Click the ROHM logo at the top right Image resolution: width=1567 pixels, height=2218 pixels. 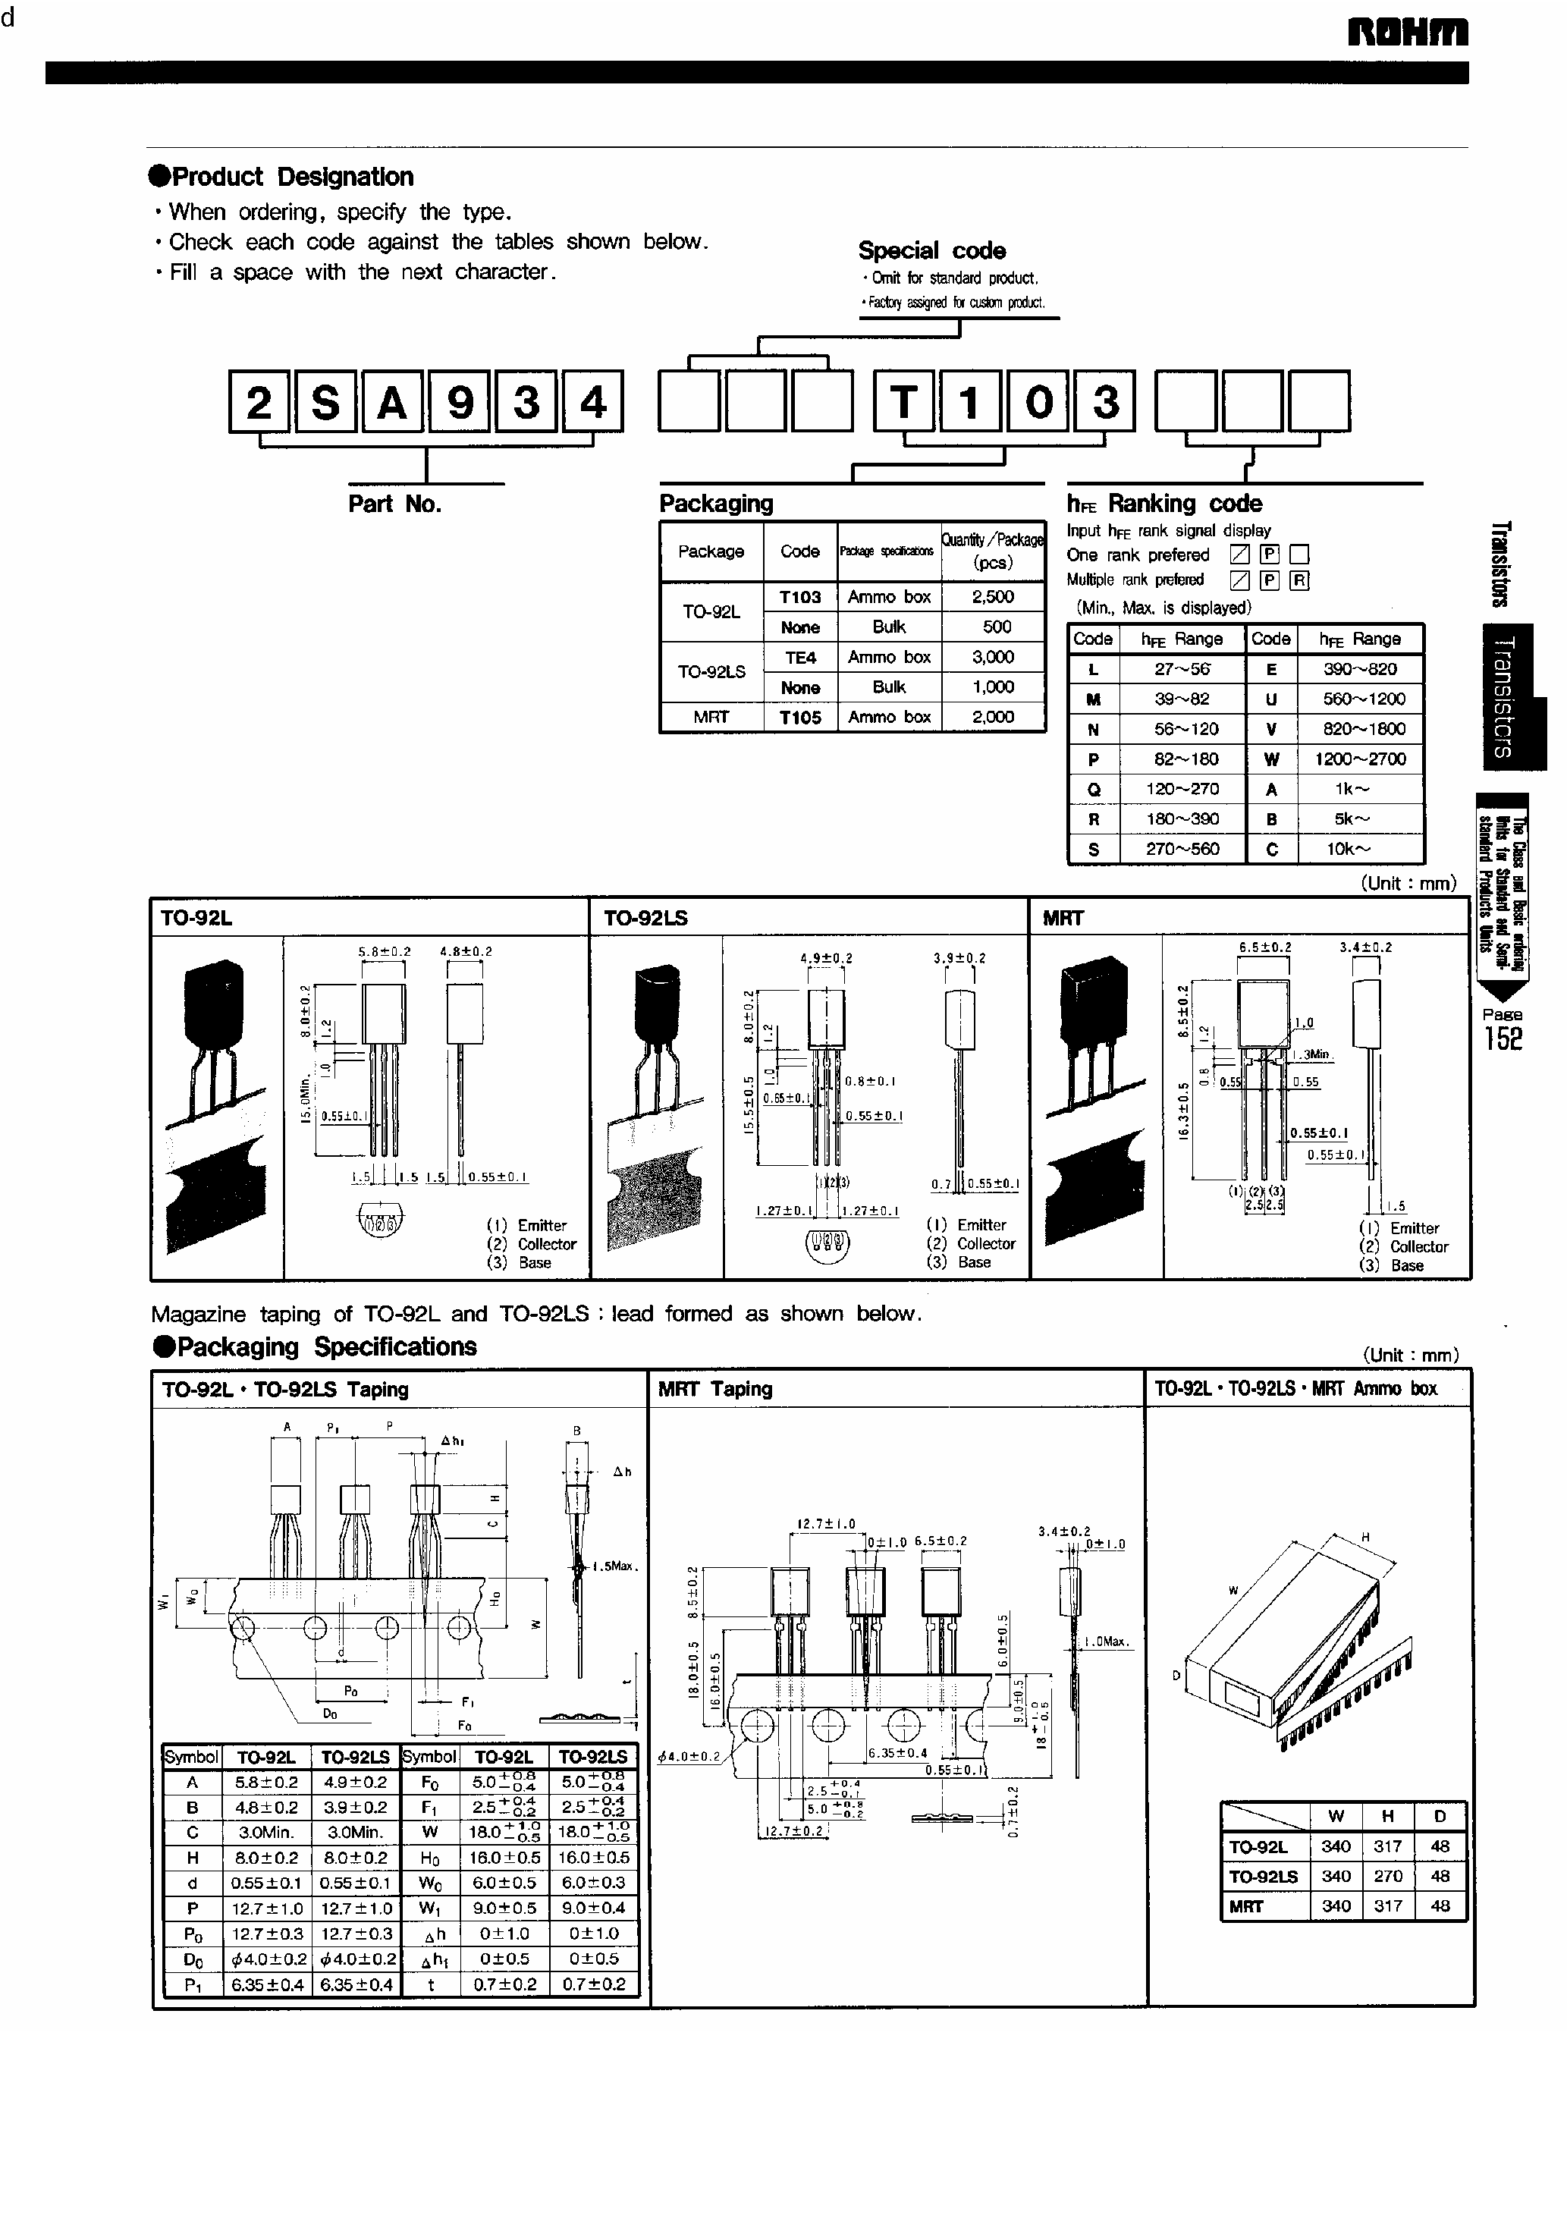pyautogui.click(x=1408, y=32)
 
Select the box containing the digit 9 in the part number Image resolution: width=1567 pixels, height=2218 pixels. pyautogui.click(x=460, y=402)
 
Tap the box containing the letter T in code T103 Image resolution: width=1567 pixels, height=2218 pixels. pyautogui.click(x=904, y=402)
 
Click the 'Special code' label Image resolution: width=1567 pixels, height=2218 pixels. pyautogui.click(x=931, y=251)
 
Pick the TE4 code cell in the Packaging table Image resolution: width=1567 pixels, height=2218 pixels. pyautogui.click(x=800, y=658)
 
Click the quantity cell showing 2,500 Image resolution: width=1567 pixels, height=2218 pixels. pyautogui.click(x=992, y=597)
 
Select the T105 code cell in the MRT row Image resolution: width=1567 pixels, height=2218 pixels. pyautogui.click(x=800, y=718)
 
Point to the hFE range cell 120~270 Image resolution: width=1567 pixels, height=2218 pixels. pyautogui.click(x=1182, y=789)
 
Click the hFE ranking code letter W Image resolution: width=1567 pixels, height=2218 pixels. pyautogui.click(x=1270, y=759)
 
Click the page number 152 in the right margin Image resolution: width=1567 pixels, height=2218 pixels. pyautogui.click(x=1503, y=1038)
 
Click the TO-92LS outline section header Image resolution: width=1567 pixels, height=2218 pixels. pyautogui.click(x=645, y=918)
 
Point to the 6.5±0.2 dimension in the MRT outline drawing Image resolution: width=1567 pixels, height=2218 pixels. pyautogui.click(x=1264, y=947)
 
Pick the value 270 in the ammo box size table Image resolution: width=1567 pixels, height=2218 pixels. pyautogui.click(x=1387, y=1876)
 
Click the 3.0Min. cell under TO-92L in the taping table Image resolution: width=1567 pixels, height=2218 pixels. pyautogui.click(x=267, y=1833)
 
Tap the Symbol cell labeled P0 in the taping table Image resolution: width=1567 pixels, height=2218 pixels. pyautogui.click(x=192, y=1933)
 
